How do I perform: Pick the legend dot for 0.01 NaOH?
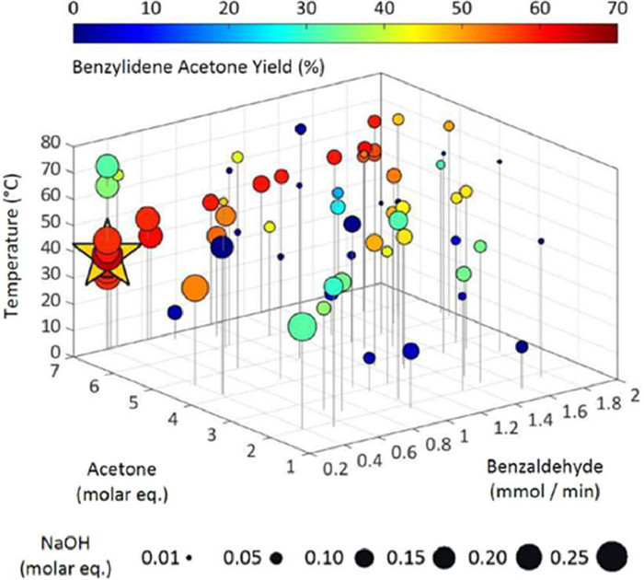(188, 558)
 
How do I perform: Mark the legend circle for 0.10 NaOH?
(365, 558)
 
